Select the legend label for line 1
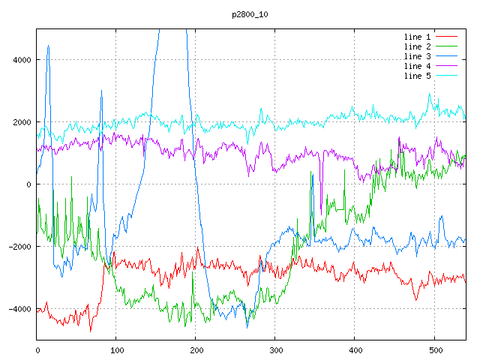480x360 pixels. pyautogui.click(x=417, y=37)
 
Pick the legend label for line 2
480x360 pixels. pyautogui.click(x=417, y=46)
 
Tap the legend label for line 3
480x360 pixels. pyautogui.click(x=417, y=56)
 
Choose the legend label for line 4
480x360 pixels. pyautogui.click(x=417, y=66)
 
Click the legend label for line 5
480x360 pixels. pyautogui.click(x=417, y=76)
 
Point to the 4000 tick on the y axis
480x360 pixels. pyautogui.click(x=22, y=60)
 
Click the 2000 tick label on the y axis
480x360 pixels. pyautogui.click(x=22, y=122)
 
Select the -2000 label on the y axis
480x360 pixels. pyautogui.click(x=19, y=247)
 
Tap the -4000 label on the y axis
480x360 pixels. pyautogui.click(x=19, y=309)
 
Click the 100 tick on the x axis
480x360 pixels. pyautogui.click(x=116, y=349)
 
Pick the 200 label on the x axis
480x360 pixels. pyautogui.click(x=196, y=349)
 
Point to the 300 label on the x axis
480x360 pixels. pyautogui.click(x=275, y=349)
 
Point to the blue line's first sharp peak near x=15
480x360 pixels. pyautogui.click(x=48, y=46)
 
